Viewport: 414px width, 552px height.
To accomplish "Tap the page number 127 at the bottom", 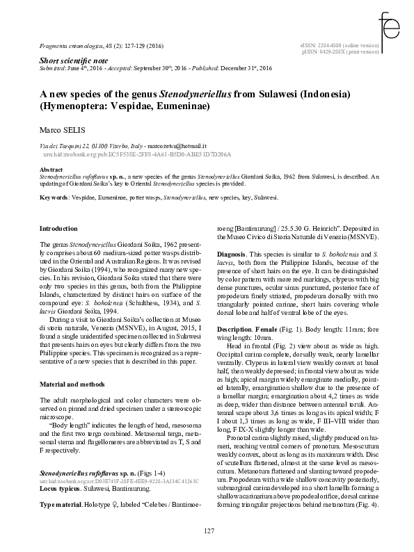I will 207,532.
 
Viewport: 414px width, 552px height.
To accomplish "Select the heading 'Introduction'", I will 59,228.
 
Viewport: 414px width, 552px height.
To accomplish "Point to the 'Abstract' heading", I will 51,170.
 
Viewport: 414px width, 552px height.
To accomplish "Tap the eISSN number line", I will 340,45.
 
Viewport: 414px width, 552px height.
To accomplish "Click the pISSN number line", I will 340,51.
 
